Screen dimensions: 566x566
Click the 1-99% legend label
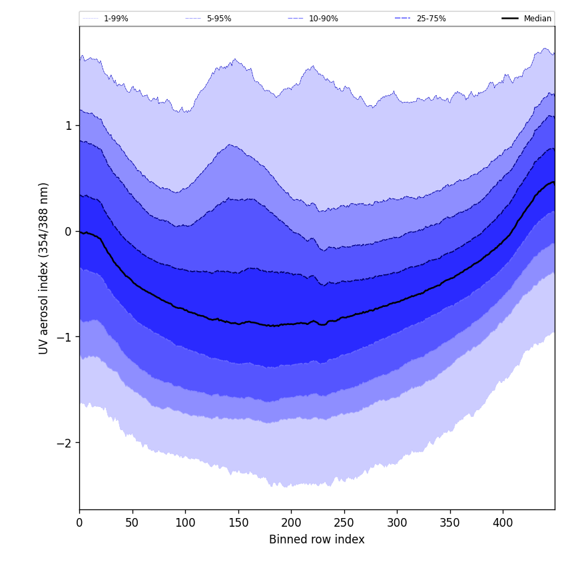click(x=116, y=19)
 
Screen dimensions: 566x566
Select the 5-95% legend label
click(x=219, y=19)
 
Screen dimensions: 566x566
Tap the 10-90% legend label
click(x=323, y=19)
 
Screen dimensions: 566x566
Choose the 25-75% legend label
click(x=431, y=19)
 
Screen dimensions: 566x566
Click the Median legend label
click(x=537, y=19)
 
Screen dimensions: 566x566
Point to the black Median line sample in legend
click(x=511, y=19)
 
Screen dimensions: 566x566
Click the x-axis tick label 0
click(x=79, y=523)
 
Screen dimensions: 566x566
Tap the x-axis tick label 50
click(x=133, y=523)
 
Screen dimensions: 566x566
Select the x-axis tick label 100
click(x=185, y=523)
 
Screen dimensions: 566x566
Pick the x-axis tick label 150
click(x=238, y=523)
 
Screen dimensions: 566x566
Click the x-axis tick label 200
click(x=291, y=523)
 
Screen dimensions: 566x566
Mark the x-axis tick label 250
click(x=344, y=523)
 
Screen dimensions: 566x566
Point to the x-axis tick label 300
click(x=397, y=523)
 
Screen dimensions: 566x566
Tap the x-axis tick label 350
click(x=450, y=523)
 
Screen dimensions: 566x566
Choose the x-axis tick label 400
click(x=503, y=523)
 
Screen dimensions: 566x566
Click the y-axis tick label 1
click(x=67, y=125)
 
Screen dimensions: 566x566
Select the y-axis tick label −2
click(x=63, y=443)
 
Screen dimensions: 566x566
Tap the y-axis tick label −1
click(x=63, y=337)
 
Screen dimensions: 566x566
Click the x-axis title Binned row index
click(x=317, y=539)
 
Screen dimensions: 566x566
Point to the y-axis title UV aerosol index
click(x=44, y=268)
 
